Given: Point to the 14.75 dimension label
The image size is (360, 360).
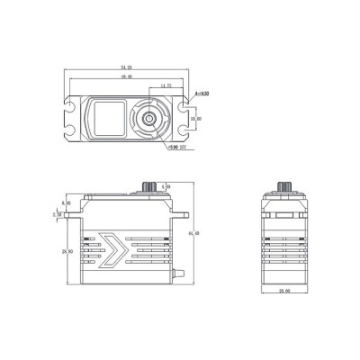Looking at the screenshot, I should point(165,86).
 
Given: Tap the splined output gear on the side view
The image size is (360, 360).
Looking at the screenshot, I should point(148,186).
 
